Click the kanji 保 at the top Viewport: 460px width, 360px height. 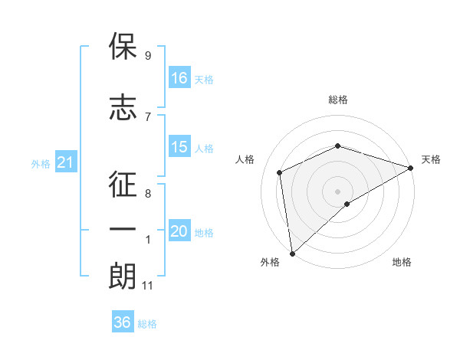(x=123, y=46)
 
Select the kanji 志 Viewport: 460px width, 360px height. (x=123, y=107)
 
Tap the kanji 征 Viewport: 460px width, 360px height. (x=123, y=184)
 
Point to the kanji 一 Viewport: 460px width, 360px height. (x=123, y=229)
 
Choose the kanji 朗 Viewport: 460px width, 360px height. (x=123, y=276)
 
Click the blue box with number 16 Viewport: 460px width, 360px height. (x=179, y=77)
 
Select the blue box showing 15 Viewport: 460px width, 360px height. (x=179, y=146)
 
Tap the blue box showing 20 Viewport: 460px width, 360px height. (x=179, y=230)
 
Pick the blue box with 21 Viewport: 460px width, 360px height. (x=66, y=162)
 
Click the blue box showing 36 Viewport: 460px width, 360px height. (x=123, y=321)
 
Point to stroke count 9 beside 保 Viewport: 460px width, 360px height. (x=148, y=55)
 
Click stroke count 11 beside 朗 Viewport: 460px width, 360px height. (x=147, y=286)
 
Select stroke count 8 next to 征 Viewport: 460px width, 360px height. (x=148, y=194)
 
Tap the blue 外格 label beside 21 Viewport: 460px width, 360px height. (x=41, y=164)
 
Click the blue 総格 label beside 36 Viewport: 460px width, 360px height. (x=147, y=324)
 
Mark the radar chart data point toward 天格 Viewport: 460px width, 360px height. (x=411, y=168)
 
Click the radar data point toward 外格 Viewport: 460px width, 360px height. (x=293, y=254)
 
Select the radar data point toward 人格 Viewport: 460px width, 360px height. (x=280, y=172)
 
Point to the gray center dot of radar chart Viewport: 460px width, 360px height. (x=337, y=191)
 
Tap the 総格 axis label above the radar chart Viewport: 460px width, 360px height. (x=338, y=100)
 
